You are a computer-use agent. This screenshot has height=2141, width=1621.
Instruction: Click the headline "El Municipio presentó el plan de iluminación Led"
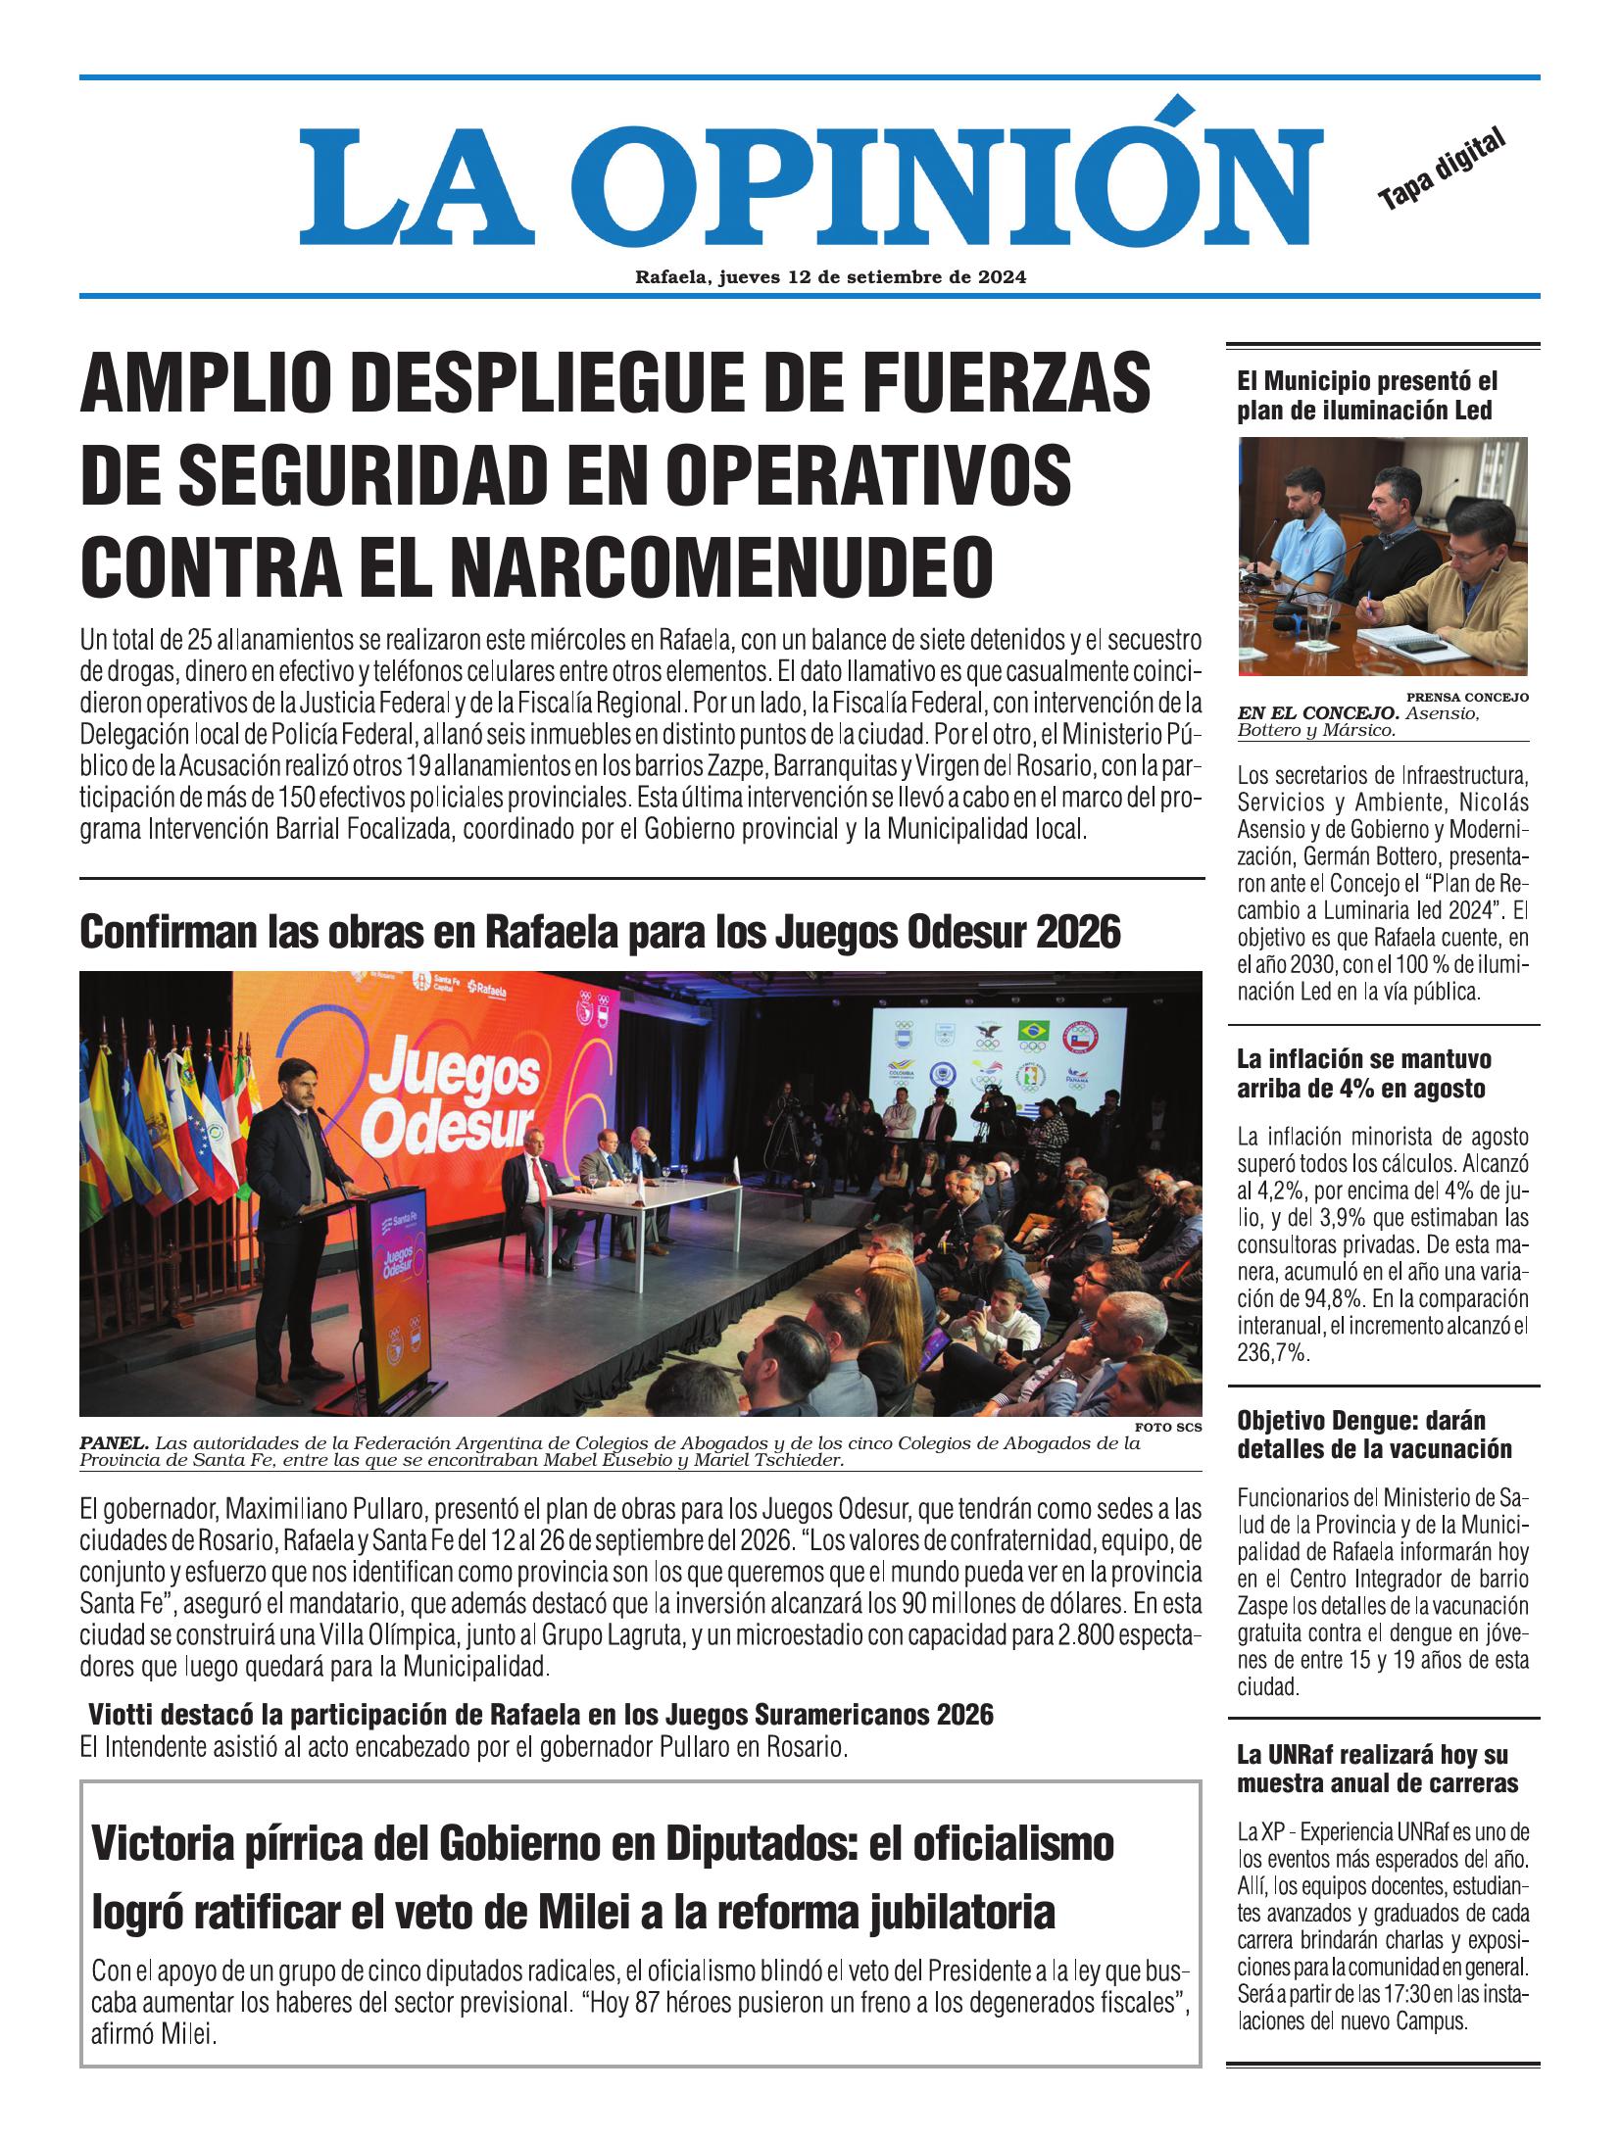pyautogui.click(x=1367, y=395)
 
